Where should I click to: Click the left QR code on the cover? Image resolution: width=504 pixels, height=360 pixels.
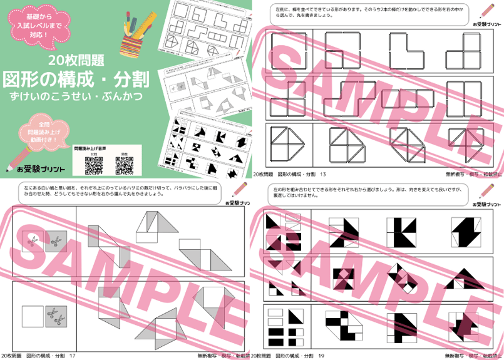pyautogui.click(x=93, y=165)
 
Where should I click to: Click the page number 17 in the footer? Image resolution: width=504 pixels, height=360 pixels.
pyautogui.click(x=73, y=356)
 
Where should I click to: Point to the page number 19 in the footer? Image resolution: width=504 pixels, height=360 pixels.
pyautogui.click(x=322, y=356)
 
